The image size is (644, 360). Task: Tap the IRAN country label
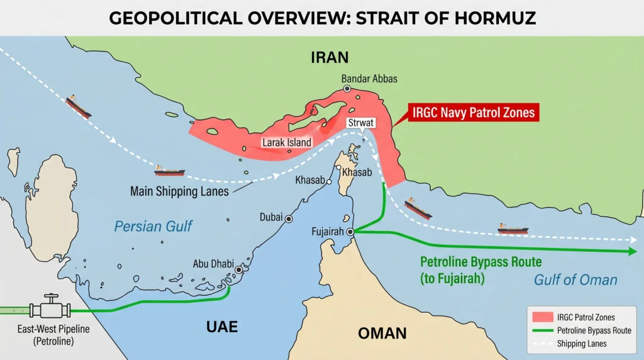329,58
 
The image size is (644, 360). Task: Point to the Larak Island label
287,142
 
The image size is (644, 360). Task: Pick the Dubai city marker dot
289,219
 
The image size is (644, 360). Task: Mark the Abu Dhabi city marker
238,269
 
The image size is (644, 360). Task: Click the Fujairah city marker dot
350,232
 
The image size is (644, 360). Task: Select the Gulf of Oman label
575,280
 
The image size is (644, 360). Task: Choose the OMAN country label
382,333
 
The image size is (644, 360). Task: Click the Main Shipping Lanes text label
179,191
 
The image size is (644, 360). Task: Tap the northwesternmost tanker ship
79,106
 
